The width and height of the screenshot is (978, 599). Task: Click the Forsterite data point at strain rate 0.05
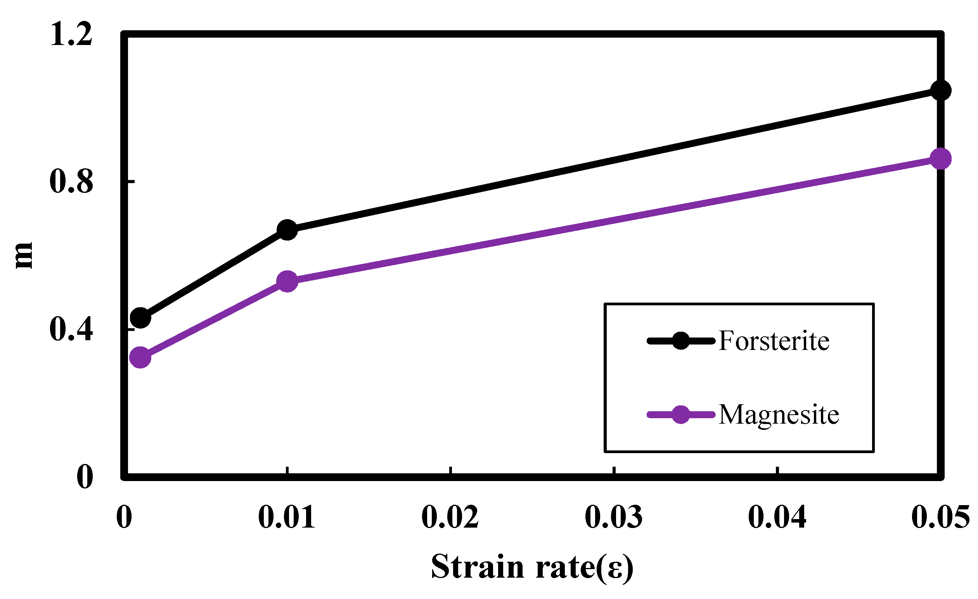(x=941, y=90)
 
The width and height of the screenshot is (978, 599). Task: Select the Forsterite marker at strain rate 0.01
(x=287, y=230)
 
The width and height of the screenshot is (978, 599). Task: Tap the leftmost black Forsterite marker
(x=140, y=318)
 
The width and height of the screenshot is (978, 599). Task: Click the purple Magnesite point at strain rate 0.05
(x=941, y=159)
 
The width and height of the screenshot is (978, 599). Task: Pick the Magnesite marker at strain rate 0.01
(x=287, y=281)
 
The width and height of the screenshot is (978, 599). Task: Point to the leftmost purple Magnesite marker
(x=140, y=357)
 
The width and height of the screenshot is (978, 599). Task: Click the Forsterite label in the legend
(x=774, y=341)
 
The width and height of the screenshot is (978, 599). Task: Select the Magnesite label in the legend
(x=779, y=415)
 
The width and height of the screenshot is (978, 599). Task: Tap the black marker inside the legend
(x=681, y=341)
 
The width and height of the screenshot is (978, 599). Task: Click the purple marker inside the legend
(x=681, y=415)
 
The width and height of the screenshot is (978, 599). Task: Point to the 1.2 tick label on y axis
(x=71, y=35)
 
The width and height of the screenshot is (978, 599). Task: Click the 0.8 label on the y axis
(x=71, y=182)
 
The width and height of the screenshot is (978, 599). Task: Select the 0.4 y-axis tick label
(x=71, y=330)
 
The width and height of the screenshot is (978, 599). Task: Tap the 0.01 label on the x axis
(x=287, y=518)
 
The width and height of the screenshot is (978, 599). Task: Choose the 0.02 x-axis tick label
(x=450, y=518)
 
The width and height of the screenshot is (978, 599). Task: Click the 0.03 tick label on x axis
(x=614, y=518)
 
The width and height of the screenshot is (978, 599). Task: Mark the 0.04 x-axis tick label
(x=777, y=518)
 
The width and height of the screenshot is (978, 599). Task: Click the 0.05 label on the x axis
(x=940, y=518)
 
